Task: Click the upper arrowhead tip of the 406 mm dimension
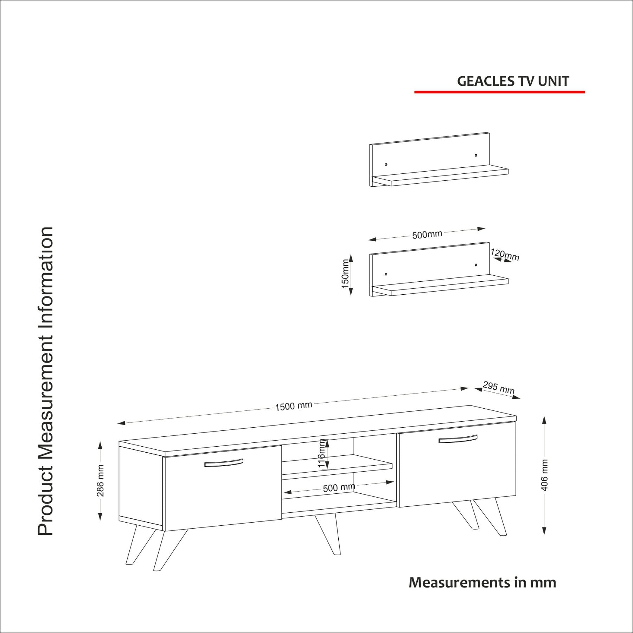[x=544, y=416]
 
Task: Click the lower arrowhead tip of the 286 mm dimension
[x=100, y=520]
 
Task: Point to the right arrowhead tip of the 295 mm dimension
[x=520, y=398]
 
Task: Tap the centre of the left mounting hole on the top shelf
[x=386, y=165]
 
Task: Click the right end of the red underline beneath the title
[x=585, y=92]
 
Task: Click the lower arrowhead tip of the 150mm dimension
[x=351, y=295]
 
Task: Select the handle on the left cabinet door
[x=224, y=463]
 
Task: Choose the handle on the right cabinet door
[x=458, y=439]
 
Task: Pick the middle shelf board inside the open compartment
[x=337, y=467]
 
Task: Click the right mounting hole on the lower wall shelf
[x=476, y=265]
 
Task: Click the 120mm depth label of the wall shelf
[x=505, y=254]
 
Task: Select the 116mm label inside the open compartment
[x=321, y=454]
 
